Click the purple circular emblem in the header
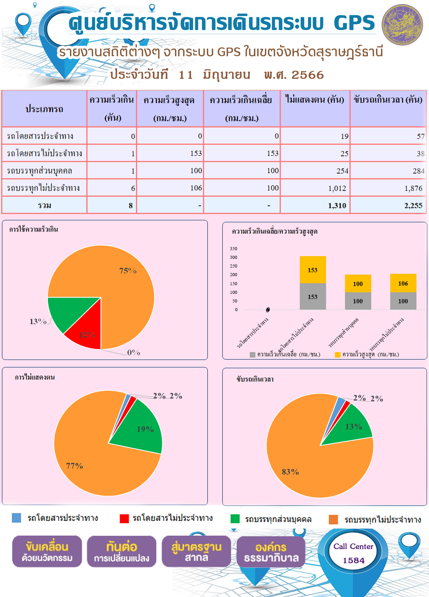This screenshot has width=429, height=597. click(x=402, y=24)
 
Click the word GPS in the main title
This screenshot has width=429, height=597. click(x=354, y=23)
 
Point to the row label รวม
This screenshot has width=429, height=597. click(x=44, y=205)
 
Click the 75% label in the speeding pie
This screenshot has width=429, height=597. click(x=128, y=271)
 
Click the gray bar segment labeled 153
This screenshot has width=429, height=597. click(x=313, y=296)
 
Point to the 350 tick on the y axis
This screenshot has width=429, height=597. click(x=234, y=249)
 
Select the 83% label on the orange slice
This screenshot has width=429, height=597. click(x=290, y=472)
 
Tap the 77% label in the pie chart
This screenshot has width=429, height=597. click(x=74, y=466)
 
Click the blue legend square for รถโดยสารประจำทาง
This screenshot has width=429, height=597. click(x=16, y=518)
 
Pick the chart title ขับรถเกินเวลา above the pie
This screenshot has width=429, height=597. click(x=255, y=379)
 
